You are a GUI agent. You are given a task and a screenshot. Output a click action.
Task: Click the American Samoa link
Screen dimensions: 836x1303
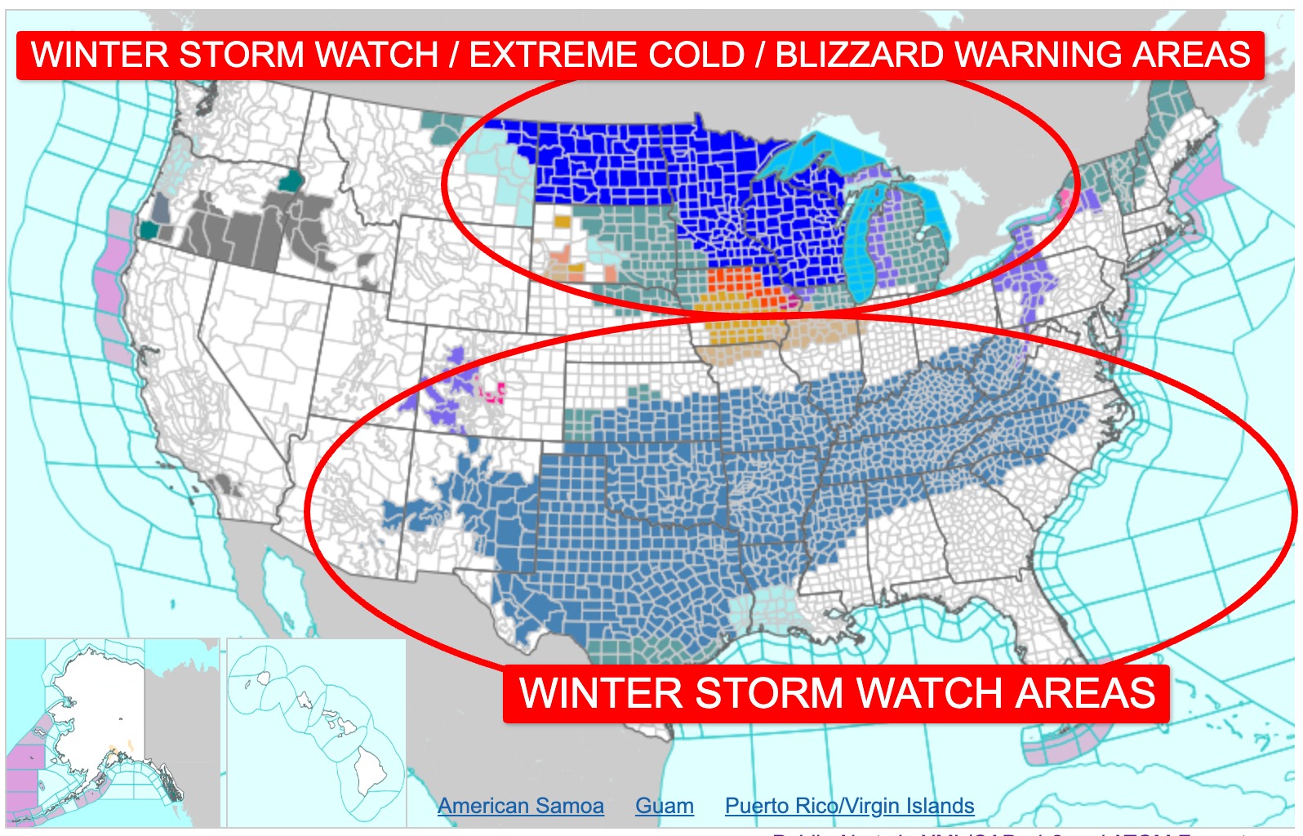(x=520, y=806)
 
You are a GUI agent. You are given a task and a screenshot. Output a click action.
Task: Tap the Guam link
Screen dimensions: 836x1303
(x=664, y=806)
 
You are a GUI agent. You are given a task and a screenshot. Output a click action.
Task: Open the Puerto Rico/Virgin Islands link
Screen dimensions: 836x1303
(x=849, y=806)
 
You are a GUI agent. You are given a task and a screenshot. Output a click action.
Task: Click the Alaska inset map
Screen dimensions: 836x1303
(x=113, y=732)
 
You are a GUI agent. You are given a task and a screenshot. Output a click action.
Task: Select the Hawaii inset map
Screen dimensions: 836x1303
(x=317, y=732)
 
